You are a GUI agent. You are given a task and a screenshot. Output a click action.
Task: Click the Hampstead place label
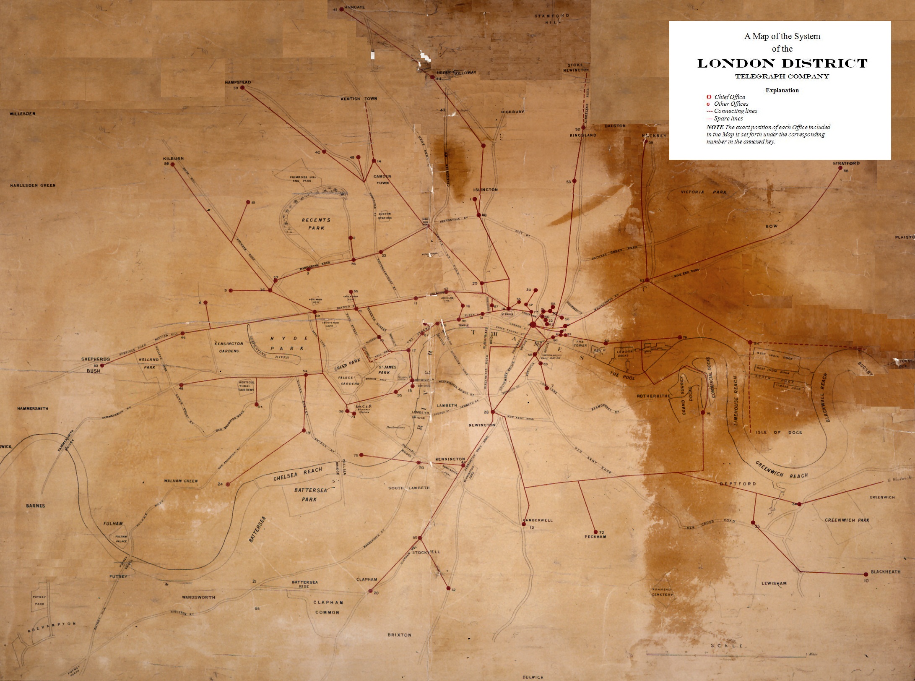click(238, 82)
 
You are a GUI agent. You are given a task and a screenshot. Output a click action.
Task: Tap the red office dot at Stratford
click(840, 168)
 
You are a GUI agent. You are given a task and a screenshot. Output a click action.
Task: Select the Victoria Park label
click(703, 192)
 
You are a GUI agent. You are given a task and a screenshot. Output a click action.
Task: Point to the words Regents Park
click(316, 224)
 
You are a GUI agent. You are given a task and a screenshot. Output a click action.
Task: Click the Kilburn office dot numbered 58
click(172, 164)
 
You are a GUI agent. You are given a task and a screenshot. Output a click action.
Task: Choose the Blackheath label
click(885, 572)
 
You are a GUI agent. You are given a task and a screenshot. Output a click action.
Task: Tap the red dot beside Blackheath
click(866, 574)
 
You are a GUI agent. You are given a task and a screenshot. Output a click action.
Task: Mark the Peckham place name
click(595, 537)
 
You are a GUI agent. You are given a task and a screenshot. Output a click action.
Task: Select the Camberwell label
click(538, 520)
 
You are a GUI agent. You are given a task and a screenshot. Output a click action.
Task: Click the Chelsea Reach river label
click(298, 474)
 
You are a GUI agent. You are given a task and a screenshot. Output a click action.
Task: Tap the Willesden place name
click(23, 114)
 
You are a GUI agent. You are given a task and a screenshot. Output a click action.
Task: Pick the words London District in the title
click(782, 64)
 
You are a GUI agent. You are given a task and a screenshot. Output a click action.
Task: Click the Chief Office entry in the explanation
click(730, 97)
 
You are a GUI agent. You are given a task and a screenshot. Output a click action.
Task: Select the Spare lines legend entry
click(728, 118)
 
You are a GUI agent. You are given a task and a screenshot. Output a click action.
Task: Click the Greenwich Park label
click(847, 520)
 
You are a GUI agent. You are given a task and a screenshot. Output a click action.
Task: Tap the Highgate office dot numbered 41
click(341, 9)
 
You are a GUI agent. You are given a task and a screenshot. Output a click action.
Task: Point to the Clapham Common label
click(328, 607)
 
